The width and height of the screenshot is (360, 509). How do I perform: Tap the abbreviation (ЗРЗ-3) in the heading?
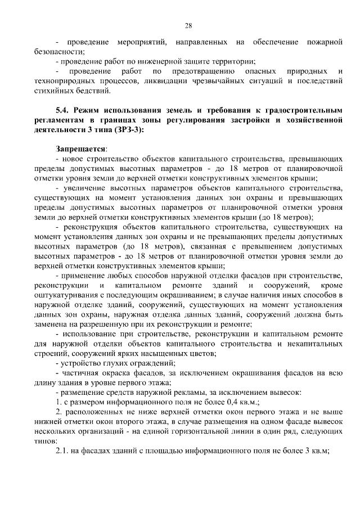(127, 130)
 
